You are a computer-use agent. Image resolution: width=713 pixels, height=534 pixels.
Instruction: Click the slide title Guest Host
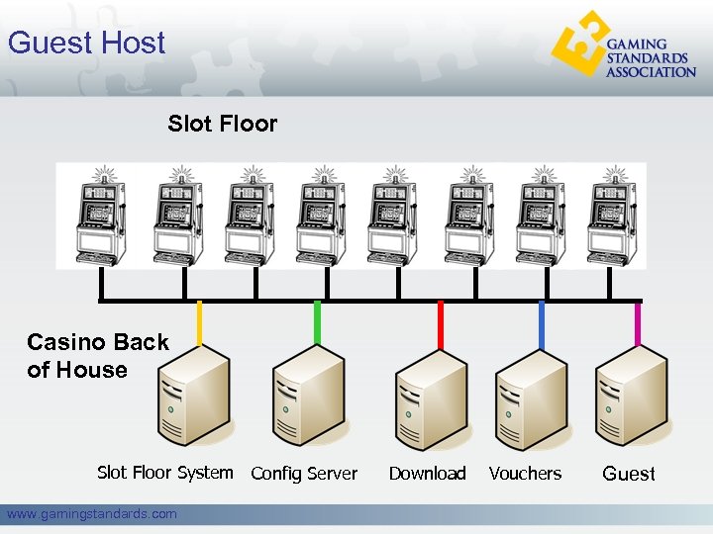click(86, 44)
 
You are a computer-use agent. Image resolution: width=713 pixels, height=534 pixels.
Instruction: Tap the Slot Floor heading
click(223, 124)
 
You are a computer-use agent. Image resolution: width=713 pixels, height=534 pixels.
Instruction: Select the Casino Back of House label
click(98, 356)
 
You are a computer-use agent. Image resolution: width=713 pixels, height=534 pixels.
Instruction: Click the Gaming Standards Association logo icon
click(578, 44)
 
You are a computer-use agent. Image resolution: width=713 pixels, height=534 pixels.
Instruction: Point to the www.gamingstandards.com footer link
click(92, 513)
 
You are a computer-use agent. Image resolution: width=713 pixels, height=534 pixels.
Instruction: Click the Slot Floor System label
click(165, 473)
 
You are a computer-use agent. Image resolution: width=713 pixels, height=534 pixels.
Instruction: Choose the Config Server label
click(304, 474)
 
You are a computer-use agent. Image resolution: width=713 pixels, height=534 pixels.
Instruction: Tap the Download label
click(427, 474)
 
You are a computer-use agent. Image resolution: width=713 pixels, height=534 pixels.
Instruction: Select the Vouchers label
click(525, 474)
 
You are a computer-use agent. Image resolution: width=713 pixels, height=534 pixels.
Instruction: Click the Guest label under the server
click(629, 474)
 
